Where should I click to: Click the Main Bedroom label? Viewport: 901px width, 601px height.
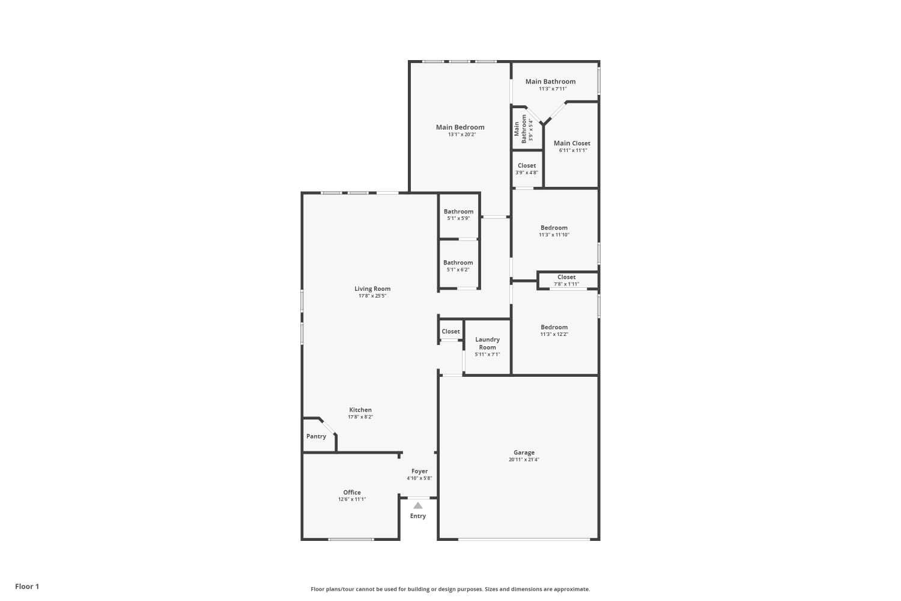pyautogui.click(x=460, y=127)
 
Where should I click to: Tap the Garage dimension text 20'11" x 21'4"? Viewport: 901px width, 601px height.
pyautogui.click(x=524, y=459)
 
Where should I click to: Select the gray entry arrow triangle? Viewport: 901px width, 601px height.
pyautogui.click(x=418, y=505)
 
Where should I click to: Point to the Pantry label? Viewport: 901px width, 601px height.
pyautogui.click(x=316, y=436)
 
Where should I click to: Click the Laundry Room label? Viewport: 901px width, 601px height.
pyautogui.click(x=488, y=343)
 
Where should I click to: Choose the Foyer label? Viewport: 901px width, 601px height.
pyautogui.click(x=419, y=471)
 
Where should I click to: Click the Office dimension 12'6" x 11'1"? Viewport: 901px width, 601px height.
pyautogui.click(x=352, y=499)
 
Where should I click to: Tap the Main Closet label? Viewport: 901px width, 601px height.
pyautogui.click(x=572, y=143)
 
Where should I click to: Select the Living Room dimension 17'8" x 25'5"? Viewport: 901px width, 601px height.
pyautogui.click(x=372, y=296)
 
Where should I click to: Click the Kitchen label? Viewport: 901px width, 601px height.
pyautogui.click(x=360, y=410)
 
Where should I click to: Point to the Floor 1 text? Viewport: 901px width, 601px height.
pyautogui.click(x=28, y=587)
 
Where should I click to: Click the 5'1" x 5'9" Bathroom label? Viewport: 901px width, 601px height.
pyautogui.click(x=458, y=212)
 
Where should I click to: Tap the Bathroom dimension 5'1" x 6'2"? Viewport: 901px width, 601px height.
pyautogui.click(x=458, y=270)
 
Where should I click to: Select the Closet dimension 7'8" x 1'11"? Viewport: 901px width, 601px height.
pyautogui.click(x=566, y=284)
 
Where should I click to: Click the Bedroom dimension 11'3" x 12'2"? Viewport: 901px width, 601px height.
pyautogui.click(x=554, y=334)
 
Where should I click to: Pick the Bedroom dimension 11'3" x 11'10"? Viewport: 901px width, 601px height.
pyautogui.click(x=554, y=234)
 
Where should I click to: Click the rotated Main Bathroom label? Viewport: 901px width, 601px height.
pyautogui.click(x=520, y=129)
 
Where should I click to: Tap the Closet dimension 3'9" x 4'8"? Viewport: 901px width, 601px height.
pyautogui.click(x=527, y=172)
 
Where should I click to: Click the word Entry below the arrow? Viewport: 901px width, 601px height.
pyautogui.click(x=418, y=516)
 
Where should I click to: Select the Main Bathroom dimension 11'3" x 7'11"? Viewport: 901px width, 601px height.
pyautogui.click(x=553, y=88)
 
